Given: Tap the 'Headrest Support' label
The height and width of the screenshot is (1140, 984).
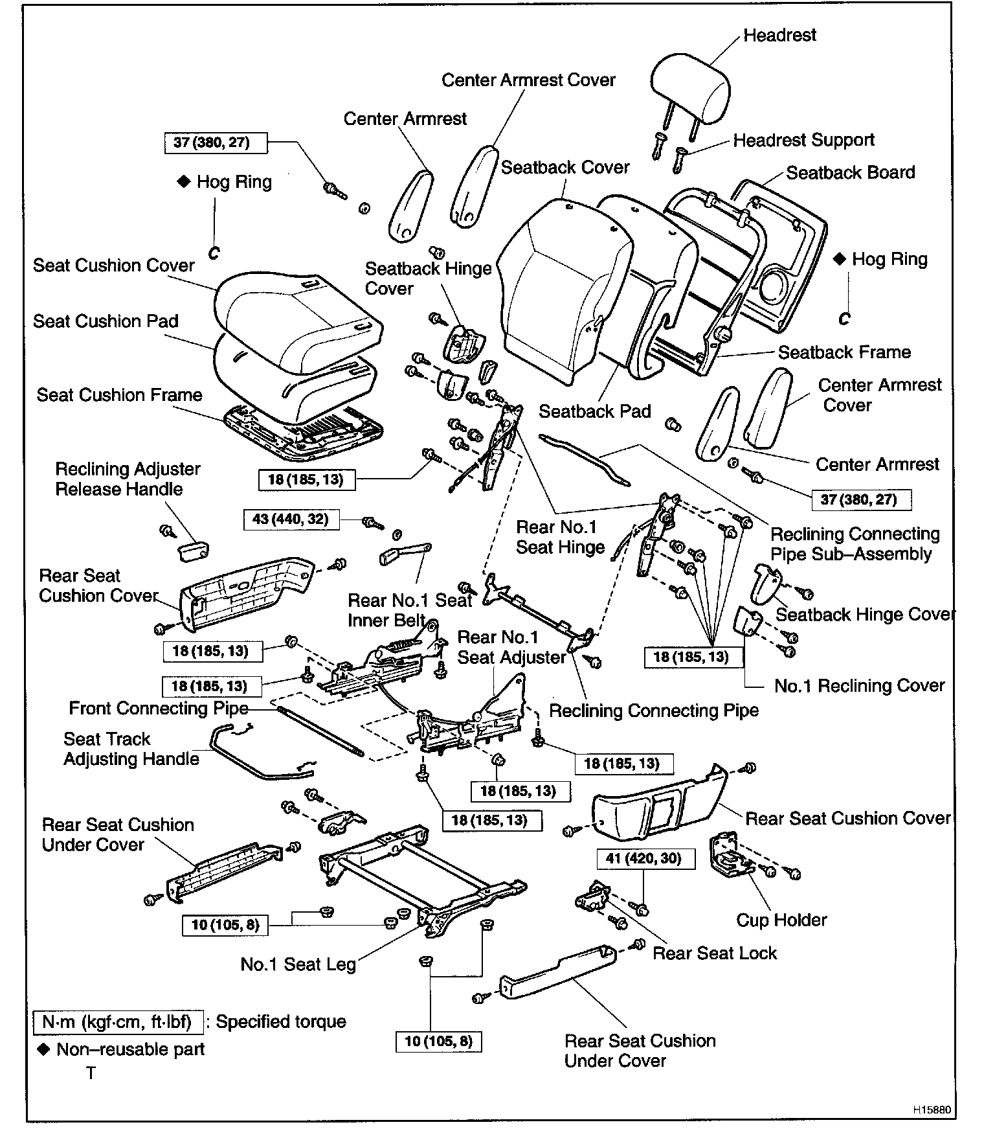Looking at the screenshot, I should pos(803,140).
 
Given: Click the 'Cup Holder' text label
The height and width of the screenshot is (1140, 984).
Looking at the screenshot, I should pos(781,920).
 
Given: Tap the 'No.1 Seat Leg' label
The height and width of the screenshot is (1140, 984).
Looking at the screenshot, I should pos(298,964).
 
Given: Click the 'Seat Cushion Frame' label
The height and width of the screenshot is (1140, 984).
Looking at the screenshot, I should pos(119,395).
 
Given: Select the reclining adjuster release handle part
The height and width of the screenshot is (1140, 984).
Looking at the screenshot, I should pos(192,552).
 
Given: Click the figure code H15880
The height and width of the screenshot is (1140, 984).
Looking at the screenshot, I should pos(932,1110).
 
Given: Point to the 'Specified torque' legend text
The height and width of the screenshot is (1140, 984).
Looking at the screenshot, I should pos(280,1021).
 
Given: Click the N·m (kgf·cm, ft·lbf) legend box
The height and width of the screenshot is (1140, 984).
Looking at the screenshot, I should pos(117,1022).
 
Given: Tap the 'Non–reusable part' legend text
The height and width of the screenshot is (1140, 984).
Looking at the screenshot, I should pos(130,1049).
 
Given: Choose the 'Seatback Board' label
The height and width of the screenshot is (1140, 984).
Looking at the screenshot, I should pos(850,172).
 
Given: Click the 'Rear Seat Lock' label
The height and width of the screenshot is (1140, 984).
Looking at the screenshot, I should pos(714,953).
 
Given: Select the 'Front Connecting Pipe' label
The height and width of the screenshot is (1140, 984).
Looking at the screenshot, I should pos(159,709).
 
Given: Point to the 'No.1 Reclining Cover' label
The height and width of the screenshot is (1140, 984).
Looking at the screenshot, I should pos(859,685).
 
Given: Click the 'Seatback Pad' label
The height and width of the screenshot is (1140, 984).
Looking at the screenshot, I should pos(594,411).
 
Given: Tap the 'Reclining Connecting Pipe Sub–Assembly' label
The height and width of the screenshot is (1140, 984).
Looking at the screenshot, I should pos(855,544).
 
